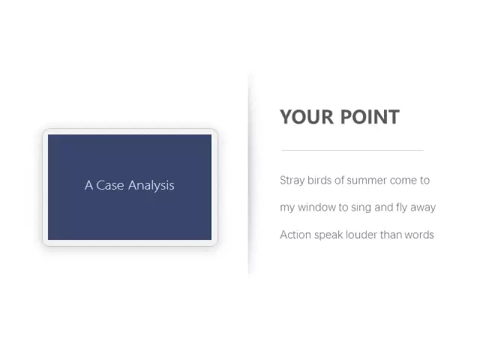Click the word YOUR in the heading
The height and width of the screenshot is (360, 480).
(x=307, y=117)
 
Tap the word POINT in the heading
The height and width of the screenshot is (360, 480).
(x=370, y=117)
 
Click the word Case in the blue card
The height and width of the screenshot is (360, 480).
(x=110, y=185)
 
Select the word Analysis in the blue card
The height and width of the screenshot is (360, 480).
(x=151, y=186)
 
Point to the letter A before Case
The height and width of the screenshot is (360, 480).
(x=88, y=185)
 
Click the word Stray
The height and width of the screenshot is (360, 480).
(x=292, y=181)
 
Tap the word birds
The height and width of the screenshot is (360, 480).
(x=319, y=180)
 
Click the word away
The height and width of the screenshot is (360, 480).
(x=423, y=208)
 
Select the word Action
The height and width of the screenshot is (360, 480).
(x=295, y=235)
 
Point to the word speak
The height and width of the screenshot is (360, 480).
(x=328, y=235)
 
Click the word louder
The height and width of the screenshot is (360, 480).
(x=361, y=235)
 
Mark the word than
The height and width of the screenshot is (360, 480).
(x=391, y=235)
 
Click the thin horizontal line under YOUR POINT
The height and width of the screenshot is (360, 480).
(x=352, y=150)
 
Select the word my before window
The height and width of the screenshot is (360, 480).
(x=287, y=208)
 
